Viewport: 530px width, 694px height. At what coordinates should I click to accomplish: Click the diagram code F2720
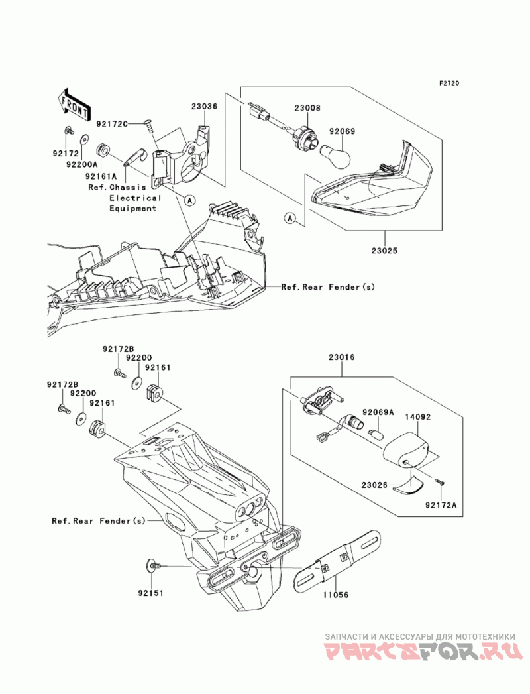(449, 83)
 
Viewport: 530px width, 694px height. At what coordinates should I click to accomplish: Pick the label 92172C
(112, 124)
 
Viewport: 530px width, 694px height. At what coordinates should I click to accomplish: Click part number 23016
(341, 357)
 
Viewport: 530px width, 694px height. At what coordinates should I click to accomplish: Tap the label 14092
(417, 416)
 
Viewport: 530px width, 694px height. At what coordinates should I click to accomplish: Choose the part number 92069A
(378, 412)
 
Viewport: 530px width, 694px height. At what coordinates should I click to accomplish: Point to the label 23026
(374, 485)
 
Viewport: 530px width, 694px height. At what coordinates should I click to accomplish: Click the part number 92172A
(441, 504)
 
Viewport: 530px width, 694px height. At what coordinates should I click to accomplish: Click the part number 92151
(150, 593)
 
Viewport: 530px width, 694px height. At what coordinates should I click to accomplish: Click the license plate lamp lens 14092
(407, 451)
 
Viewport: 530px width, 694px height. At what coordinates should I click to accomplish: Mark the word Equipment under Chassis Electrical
(133, 209)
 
